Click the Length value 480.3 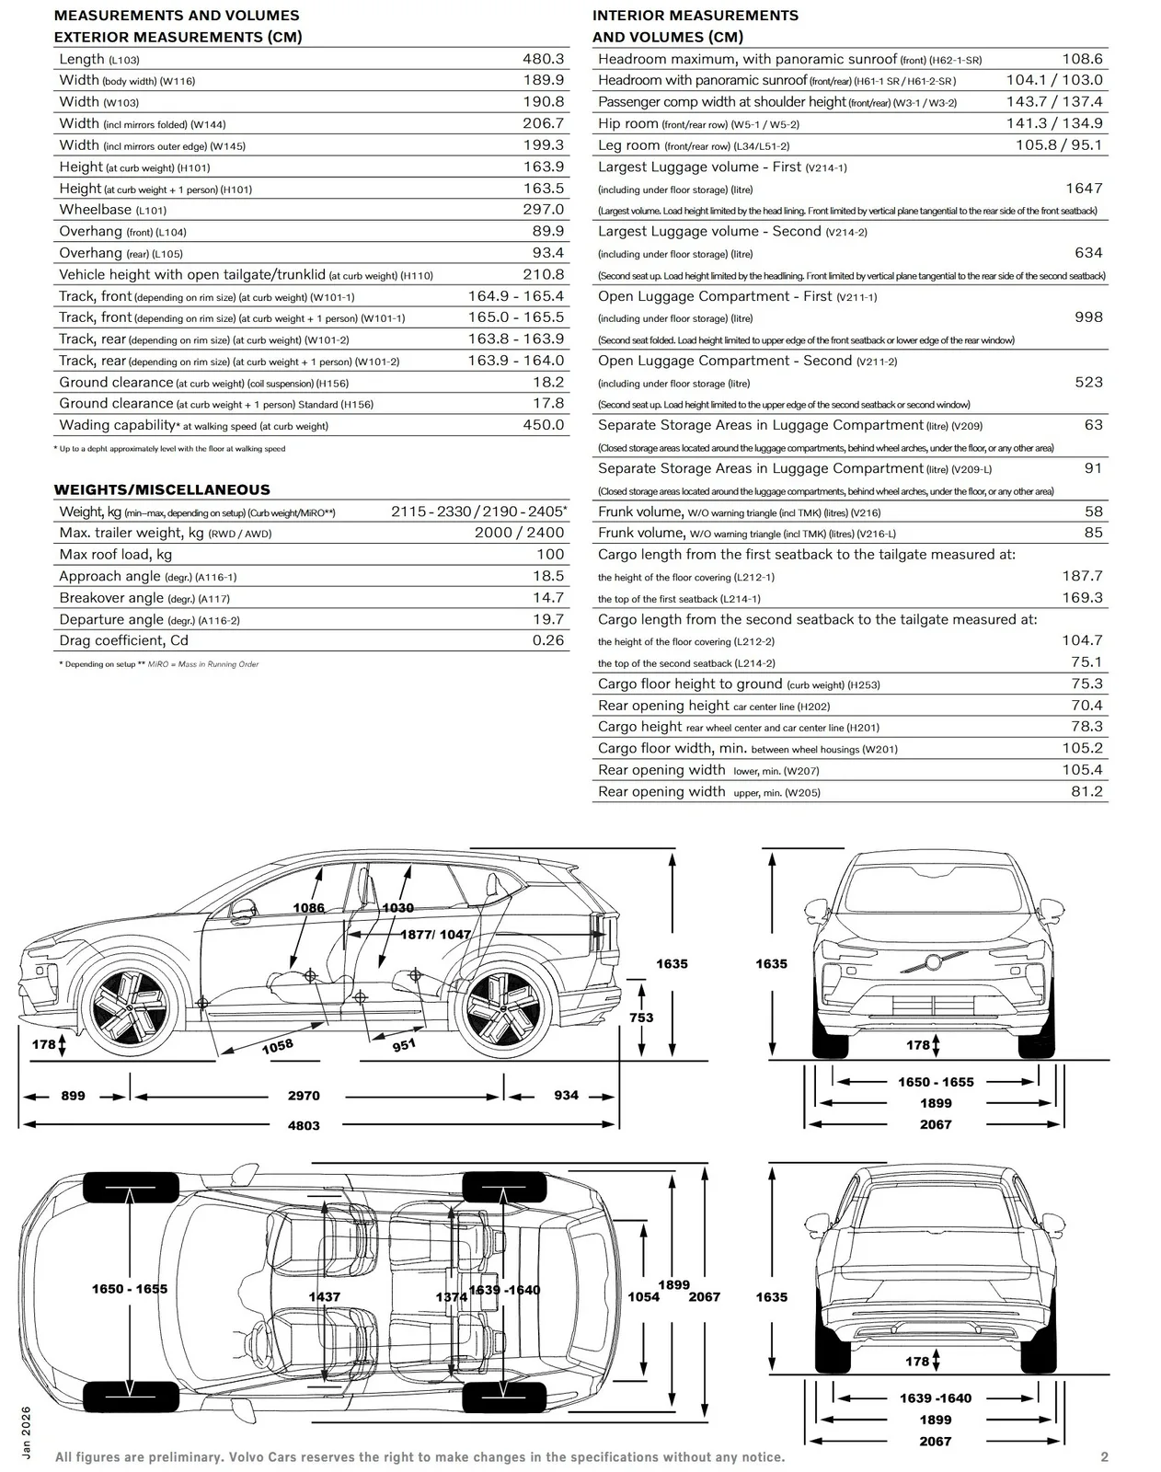coord(543,59)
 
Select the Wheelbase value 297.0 coord(543,210)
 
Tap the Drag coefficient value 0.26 coord(548,640)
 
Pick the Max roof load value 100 coord(550,554)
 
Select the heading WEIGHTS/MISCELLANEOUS coord(162,489)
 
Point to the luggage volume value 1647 coord(1084,188)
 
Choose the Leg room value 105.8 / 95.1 coord(1059,145)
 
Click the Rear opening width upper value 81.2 coord(1086,791)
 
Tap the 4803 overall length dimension coord(304,1126)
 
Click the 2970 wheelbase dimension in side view coord(304,1096)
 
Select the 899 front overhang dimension coord(74,1096)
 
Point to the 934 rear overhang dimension coord(566,1096)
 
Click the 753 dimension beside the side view coord(641,1018)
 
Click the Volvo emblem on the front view coord(933,962)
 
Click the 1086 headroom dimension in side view coord(308,908)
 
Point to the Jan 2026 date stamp coord(26,1432)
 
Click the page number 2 coord(1104,1457)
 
